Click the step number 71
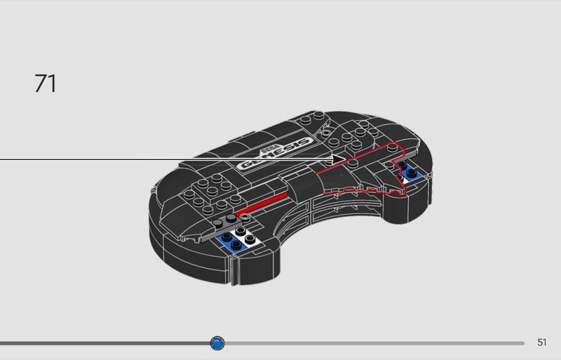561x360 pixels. [x=46, y=84]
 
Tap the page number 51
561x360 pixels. [x=541, y=342]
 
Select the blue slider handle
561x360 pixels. [x=217, y=342]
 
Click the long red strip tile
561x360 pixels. [x=263, y=204]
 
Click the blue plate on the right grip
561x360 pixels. [x=411, y=172]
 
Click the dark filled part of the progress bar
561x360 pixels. [x=105, y=343]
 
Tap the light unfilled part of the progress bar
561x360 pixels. [x=372, y=343]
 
